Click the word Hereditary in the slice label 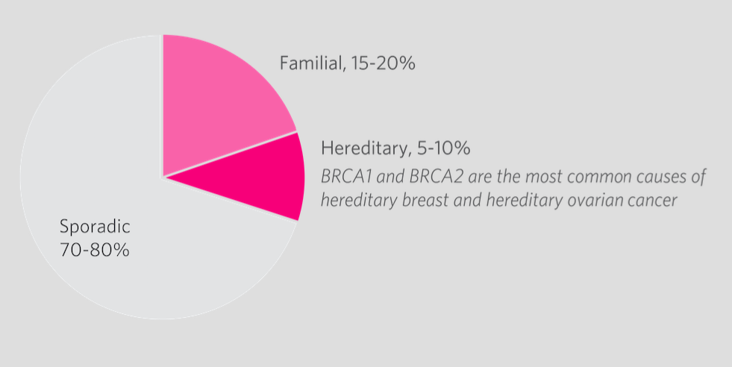(x=363, y=147)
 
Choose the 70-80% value (x=94, y=250)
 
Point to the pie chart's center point (x=163, y=178)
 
